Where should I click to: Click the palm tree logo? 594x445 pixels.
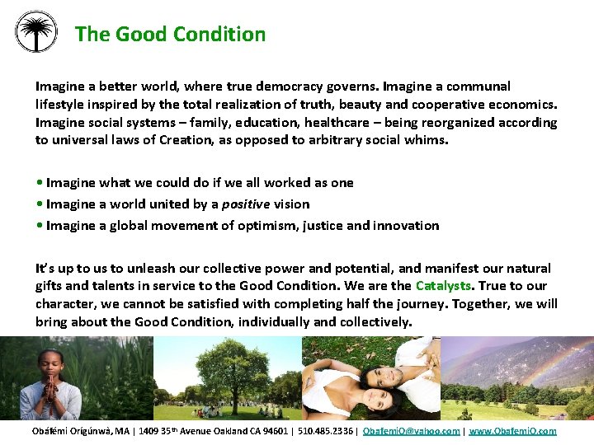[x=36, y=31]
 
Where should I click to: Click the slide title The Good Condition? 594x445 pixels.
[x=170, y=35]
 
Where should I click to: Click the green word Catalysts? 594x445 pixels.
[x=444, y=286]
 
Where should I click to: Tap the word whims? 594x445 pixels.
[x=429, y=140]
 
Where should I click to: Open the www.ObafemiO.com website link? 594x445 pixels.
[x=512, y=431]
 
